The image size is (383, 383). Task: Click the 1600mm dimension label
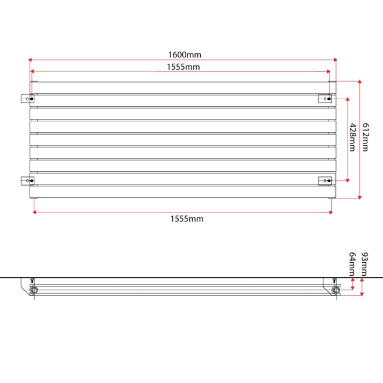(185, 55)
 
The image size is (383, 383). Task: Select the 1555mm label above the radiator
(183, 67)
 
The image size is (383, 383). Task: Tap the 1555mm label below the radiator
(187, 219)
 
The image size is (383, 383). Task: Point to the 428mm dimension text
(352, 138)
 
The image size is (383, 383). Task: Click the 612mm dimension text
(365, 138)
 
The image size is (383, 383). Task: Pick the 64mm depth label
(352, 264)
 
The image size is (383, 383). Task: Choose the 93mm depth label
(364, 264)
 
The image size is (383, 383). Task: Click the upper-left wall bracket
(27, 99)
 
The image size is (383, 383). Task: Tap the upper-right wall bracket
(325, 99)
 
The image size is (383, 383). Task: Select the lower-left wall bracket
(27, 180)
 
